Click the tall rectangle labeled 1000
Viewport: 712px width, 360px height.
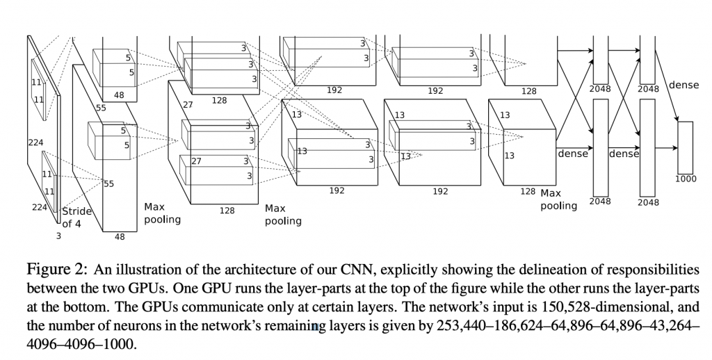pos(686,147)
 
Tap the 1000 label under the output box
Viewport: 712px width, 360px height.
pos(686,179)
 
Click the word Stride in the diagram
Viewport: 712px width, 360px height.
pos(77,211)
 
